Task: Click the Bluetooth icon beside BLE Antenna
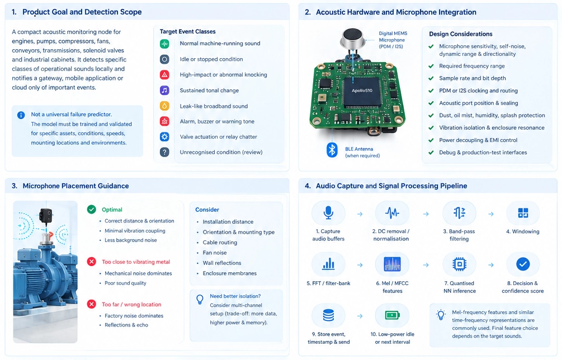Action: (332, 150)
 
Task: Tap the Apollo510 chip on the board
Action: (362, 91)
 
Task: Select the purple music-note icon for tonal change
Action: (164, 90)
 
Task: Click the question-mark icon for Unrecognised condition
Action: (164, 152)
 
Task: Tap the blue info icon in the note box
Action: (21, 115)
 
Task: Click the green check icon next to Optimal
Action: (92, 210)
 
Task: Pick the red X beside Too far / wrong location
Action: (92, 304)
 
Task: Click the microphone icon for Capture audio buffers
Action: (328, 213)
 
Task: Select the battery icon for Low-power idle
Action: (392, 315)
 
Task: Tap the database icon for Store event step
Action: (328, 315)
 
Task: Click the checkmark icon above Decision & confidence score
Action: (523, 264)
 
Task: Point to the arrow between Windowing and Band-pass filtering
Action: (491, 214)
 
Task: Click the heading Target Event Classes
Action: (187, 31)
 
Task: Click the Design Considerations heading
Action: (461, 34)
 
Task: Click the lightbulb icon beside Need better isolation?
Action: (200, 300)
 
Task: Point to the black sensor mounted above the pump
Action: (45, 216)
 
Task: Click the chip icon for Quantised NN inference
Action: (459, 264)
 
